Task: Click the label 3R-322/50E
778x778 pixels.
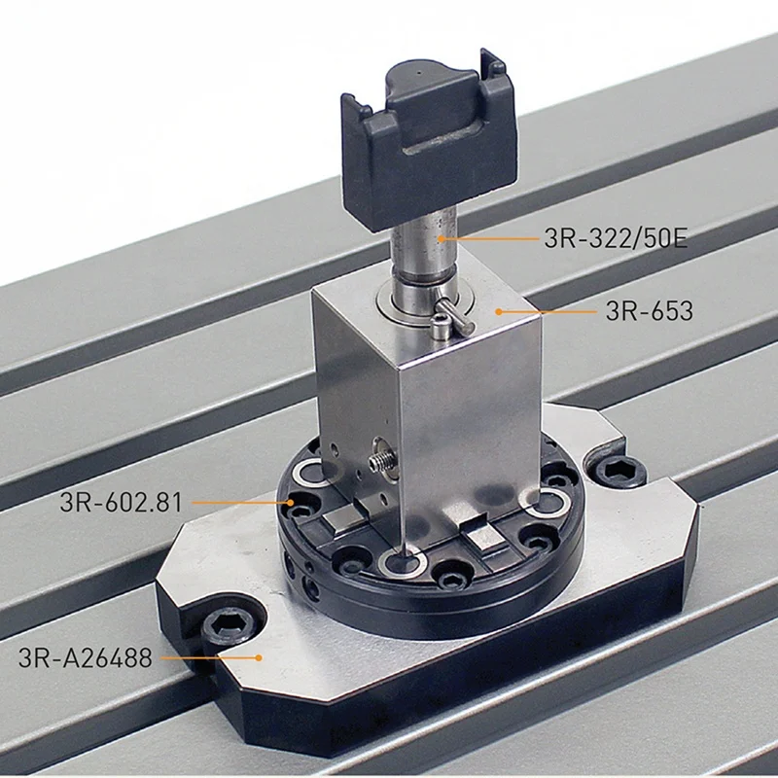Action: point(616,238)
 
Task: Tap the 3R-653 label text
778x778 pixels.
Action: point(649,311)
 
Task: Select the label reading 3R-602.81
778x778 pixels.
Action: point(121,502)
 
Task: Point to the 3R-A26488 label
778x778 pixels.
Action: point(85,658)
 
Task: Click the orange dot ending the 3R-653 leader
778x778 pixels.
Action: point(498,311)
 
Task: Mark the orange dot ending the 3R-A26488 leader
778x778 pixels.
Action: point(258,658)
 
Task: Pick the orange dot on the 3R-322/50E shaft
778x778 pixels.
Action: point(441,238)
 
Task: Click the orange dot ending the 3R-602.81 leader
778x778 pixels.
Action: point(291,502)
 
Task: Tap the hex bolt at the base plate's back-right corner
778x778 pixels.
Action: point(620,471)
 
